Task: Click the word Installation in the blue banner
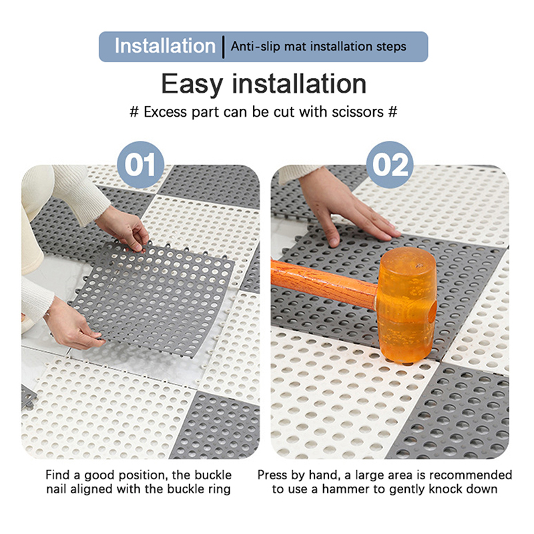tap(165, 46)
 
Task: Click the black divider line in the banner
tap(224, 47)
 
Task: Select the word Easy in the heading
tap(192, 84)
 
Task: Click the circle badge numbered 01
tap(140, 165)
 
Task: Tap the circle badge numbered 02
tap(390, 165)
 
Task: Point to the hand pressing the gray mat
tap(344, 210)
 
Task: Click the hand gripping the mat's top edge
tap(123, 228)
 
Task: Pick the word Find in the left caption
tap(57, 475)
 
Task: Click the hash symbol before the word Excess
tap(134, 112)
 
